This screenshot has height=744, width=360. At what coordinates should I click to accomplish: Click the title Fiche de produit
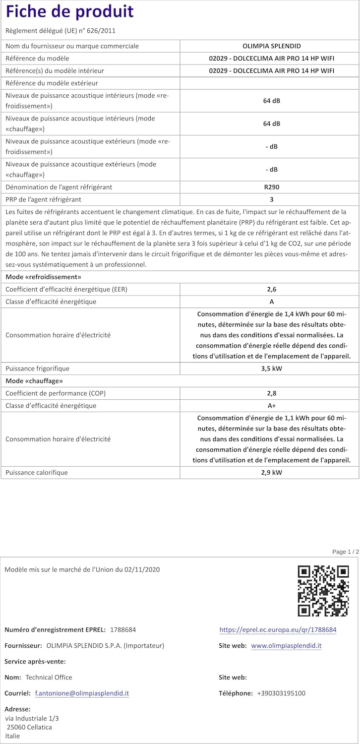click(x=70, y=11)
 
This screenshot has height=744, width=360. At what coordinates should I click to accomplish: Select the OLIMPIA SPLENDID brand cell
click(x=271, y=46)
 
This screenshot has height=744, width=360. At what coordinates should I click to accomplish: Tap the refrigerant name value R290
click(x=271, y=187)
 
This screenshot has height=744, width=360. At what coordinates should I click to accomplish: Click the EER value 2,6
click(x=271, y=289)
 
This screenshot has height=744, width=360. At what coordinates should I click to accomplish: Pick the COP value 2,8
click(x=271, y=393)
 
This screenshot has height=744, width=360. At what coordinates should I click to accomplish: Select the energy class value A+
click(x=271, y=406)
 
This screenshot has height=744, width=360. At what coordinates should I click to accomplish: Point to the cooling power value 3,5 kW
click(x=271, y=369)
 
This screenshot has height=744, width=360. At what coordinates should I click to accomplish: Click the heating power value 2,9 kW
click(x=271, y=473)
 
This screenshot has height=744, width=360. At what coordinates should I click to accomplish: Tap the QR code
click(x=323, y=591)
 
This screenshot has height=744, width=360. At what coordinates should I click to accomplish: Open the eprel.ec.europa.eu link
click(x=278, y=630)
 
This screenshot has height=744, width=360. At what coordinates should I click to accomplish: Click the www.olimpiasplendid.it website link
click(x=286, y=646)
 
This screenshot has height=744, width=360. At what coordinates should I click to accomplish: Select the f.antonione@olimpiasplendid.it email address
click(x=82, y=693)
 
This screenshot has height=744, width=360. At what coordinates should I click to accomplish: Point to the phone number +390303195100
click(x=281, y=693)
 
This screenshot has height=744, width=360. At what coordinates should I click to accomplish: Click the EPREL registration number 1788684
click(x=122, y=630)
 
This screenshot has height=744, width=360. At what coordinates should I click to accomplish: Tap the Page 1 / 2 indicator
click(x=345, y=552)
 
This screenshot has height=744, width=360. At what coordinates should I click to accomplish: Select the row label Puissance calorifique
click(x=37, y=473)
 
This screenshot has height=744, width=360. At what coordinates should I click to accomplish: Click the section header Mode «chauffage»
click(x=34, y=381)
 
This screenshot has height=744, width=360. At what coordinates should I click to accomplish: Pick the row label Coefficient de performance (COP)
click(x=56, y=393)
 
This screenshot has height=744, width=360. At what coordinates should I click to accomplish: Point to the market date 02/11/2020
click(x=142, y=569)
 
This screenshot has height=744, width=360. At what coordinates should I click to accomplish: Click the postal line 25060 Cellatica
click(x=29, y=727)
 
